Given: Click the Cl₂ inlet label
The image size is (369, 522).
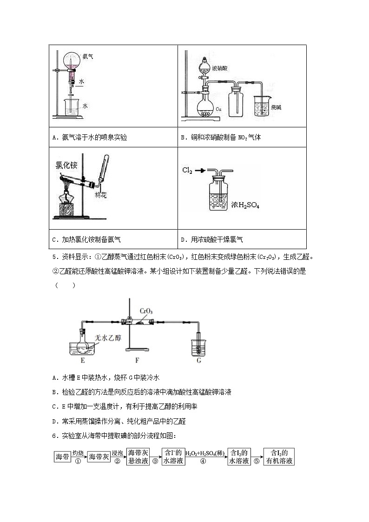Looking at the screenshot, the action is (187, 171).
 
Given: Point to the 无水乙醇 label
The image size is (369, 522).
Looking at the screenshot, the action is (108, 338).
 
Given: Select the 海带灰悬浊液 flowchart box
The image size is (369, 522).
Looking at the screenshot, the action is (138, 456).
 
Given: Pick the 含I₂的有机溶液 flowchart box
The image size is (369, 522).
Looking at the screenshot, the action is (279, 456).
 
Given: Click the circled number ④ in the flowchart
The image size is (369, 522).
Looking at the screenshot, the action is (203, 462).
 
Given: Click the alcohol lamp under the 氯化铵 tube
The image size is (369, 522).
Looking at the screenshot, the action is (66, 203).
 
